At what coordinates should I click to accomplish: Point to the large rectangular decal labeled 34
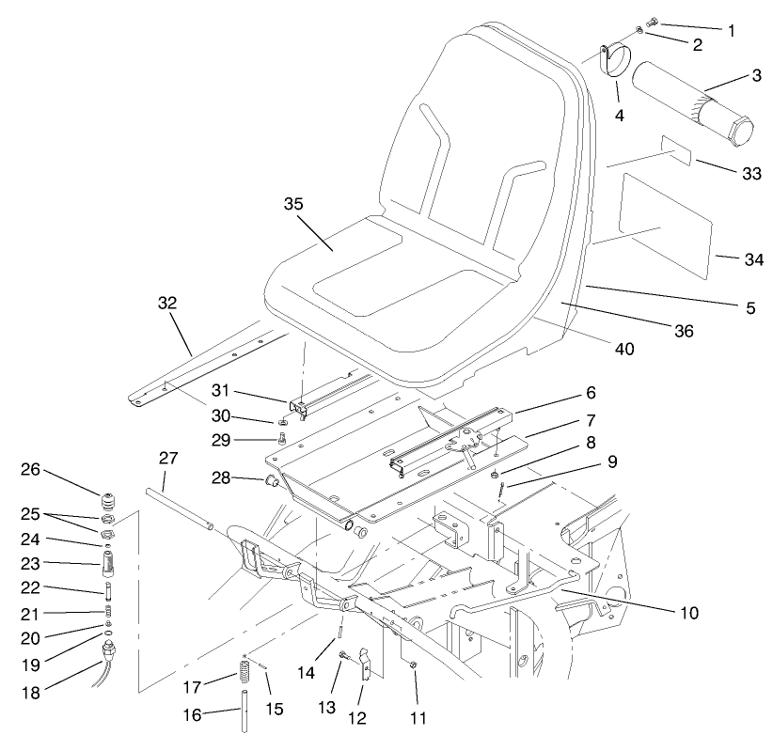(664, 223)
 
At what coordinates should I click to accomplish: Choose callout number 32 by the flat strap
(167, 305)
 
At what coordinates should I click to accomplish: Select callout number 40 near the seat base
(624, 348)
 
